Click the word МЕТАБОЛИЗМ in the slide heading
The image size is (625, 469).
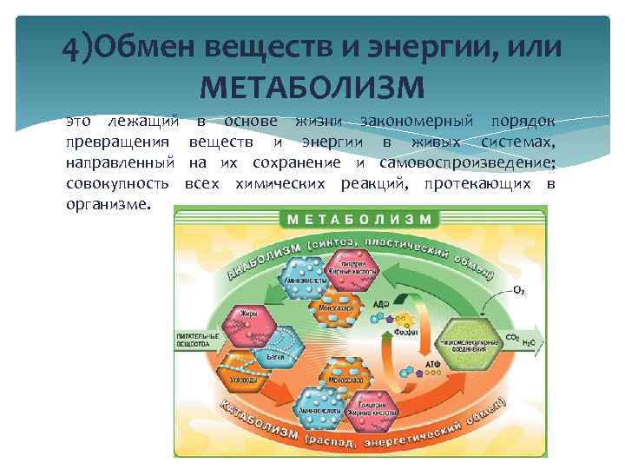(x=312, y=88)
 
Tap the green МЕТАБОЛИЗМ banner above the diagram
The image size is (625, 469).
(x=359, y=218)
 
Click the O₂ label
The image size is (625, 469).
(x=518, y=289)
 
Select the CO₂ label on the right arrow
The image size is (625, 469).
(x=513, y=336)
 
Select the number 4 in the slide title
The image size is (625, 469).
(x=71, y=47)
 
